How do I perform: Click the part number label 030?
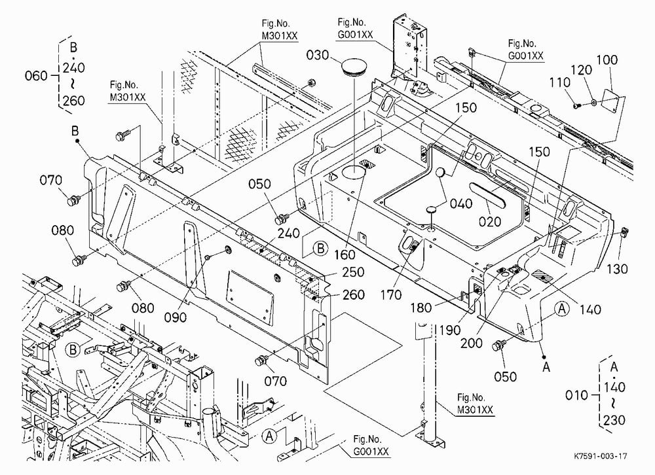coord(318,55)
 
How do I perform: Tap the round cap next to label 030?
coord(354,67)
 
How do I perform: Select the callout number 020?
coord(489,221)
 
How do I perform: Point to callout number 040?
coord(460,203)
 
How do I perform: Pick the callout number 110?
coord(559,82)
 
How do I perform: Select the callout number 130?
coord(617,269)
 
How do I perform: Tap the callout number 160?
coord(345,255)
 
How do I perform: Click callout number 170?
coord(391,295)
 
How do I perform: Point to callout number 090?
coord(175,317)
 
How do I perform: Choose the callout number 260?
coord(354,295)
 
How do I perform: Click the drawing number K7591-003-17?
coord(600,456)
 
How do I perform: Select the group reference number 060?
coord(36,76)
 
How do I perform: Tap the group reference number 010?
coord(576,395)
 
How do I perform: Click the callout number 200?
coord(471,343)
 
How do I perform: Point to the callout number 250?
coord(353,272)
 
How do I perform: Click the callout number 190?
coord(450,330)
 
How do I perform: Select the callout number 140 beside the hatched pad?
coord(590,309)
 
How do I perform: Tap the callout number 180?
coord(421,308)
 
